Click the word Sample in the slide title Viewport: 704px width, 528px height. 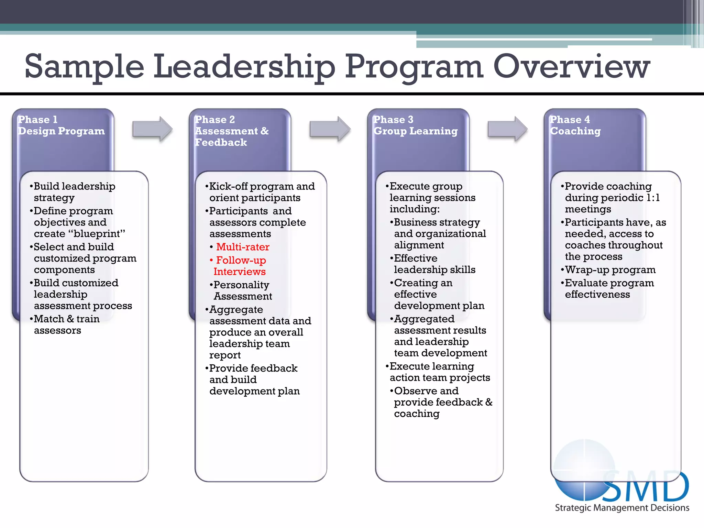[x=84, y=67]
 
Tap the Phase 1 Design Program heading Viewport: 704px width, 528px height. [x=61, y=125]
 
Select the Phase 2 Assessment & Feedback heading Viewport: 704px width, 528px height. [x=232, y=131]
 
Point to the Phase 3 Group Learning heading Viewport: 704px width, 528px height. [x=415, y=125]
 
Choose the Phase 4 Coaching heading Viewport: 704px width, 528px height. [x=575, y=125]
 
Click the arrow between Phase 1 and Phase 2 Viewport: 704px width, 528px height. [x=152, y=129]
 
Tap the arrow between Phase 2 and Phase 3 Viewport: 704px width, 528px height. [x=329, y=129]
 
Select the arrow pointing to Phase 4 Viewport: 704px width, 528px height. [x=507, y=129]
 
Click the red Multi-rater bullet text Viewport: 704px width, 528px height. [x=242, y=247]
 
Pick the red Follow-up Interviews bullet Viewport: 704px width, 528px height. [x=240, y=266]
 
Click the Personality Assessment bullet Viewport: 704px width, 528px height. [x=242, y=290]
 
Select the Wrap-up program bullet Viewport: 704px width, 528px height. [x=610, y=270]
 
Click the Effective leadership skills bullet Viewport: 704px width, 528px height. [x=434, y=264]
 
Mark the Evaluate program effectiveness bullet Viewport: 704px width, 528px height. [x=609, y=288]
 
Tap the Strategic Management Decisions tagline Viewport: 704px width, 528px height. [x=622, y=508]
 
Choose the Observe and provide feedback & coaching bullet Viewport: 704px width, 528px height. [x=442, y=402]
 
